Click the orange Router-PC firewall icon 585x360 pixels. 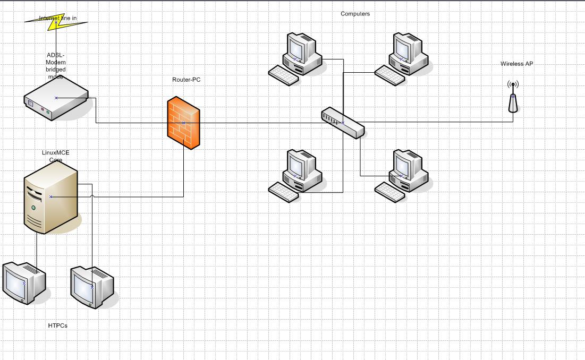(x=183, y=123)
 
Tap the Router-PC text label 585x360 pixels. (x=186, y=80)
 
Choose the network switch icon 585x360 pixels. (x=343, y=123)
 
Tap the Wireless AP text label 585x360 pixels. (x=516, y=64)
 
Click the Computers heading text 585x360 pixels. (x=355, y=14)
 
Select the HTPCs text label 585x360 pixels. (x=58, y=325)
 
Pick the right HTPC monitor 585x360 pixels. (x=92, y=287)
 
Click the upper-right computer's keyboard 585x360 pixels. (x=389, y=75)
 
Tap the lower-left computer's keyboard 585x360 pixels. (x=283, y=192)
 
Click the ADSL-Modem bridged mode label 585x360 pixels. (x=56, y=66)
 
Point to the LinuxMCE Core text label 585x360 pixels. (x=56, y=156)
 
